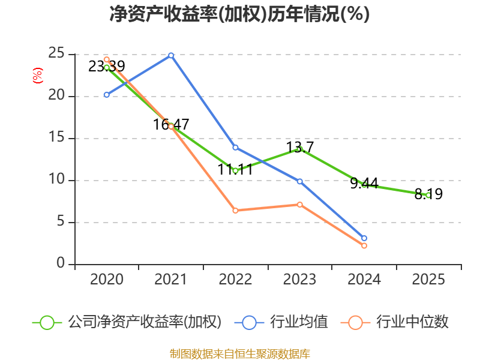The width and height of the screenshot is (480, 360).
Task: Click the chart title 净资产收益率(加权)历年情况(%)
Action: tap(239, 14)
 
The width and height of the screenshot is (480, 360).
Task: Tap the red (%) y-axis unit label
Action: tap(37, 76)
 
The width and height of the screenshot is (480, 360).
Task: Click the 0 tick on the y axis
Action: tap(61, 263)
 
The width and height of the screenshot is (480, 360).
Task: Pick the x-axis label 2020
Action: tap(107, 280)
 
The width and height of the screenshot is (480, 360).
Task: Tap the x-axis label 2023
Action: tap(299, 280)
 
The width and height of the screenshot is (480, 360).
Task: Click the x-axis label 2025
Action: tap(428, 280)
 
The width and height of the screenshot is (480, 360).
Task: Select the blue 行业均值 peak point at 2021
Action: tap(171, 55)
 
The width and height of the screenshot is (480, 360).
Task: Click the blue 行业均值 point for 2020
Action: tap(107, 95)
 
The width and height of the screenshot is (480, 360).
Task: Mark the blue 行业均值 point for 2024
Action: tap(364, 238)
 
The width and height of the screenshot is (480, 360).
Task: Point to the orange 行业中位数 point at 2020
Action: tap(107, 59)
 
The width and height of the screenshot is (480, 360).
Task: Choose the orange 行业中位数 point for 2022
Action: tap(235, 211)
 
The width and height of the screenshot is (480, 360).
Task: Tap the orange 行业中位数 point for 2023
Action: tap(299, 205)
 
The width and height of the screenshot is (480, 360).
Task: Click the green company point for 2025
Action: tap(428, 195)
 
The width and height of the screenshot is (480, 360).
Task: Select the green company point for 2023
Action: tap(299, 149)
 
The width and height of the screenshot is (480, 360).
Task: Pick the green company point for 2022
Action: tap(235, 170)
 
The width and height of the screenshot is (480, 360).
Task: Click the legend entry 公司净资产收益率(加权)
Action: tap(127, 322)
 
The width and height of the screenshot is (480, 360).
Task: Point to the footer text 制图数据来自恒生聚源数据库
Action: tap(239, 353)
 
